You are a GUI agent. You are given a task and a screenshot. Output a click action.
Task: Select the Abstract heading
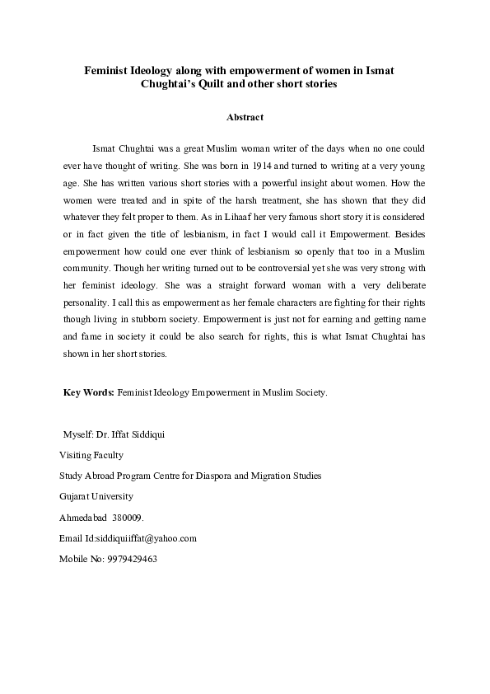point(245,118)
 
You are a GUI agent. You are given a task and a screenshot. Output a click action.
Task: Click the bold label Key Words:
point(89,392)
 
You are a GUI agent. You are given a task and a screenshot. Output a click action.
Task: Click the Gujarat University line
point(96,496)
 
